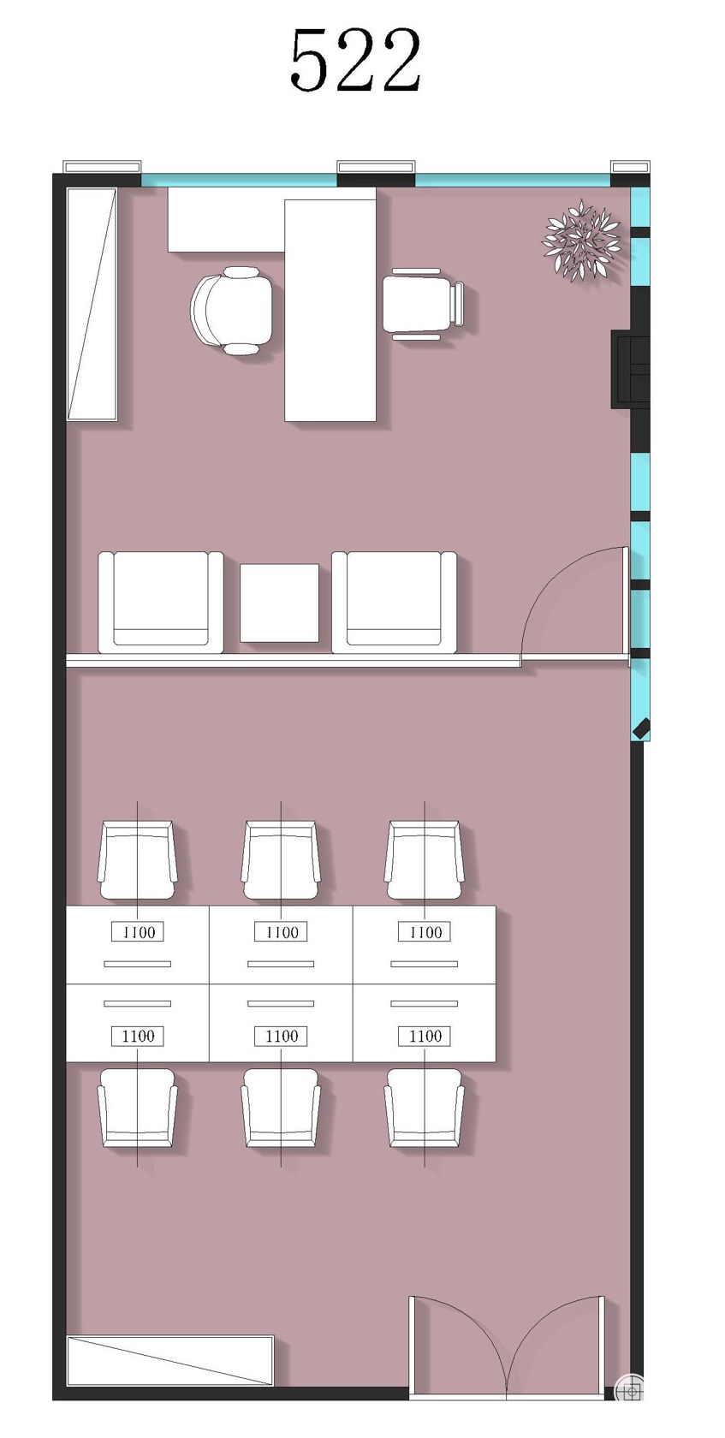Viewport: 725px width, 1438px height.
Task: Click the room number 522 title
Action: [355, 60]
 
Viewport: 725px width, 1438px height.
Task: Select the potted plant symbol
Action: [581, 240]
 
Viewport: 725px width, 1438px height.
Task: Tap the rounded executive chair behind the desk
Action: [233, 311]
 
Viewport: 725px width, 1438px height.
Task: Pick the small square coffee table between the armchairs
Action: [279, 603]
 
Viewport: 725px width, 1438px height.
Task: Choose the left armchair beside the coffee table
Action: [161, 603]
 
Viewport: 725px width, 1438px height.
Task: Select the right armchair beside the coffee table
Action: [395, 603]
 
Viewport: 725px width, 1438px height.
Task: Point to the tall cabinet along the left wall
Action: [92, 305]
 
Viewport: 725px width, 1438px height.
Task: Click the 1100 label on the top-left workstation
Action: [138, 931]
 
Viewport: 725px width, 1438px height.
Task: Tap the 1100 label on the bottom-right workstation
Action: [425, 1036]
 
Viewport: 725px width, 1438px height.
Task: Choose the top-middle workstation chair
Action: [281, 859]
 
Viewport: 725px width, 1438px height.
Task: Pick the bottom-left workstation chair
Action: [138, 1108]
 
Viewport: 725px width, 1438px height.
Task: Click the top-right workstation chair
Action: [424, 859]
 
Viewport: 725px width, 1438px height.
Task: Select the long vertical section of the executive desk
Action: [330, 311]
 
